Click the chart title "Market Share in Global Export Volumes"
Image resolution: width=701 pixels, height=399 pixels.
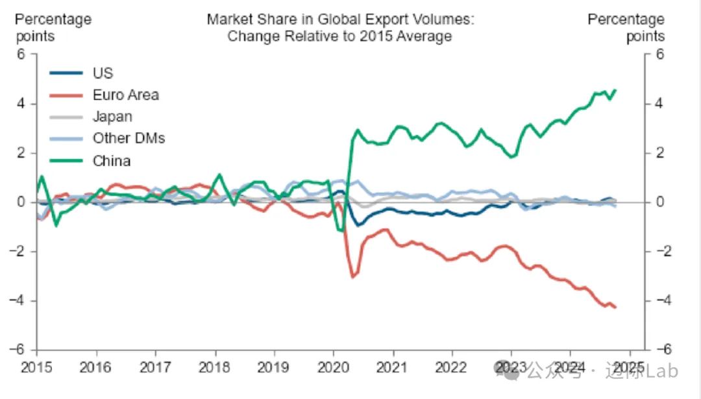click(x=340, y=19)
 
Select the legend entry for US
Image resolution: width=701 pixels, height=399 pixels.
click(x=103, y=73)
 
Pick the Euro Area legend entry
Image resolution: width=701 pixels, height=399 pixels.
click(x=125, y=95)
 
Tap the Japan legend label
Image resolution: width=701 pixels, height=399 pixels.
click(x=112, y=117)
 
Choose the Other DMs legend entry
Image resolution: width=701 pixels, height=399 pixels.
click(x=129, y=138)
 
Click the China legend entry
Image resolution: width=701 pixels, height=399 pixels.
click(x=112, y=160)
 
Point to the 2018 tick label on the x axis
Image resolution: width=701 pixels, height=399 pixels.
click(x=215, y=367)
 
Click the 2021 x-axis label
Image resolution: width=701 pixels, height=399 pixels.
click(x=393, y=367)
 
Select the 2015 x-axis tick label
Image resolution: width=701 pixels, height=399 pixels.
click(x=37, y=367)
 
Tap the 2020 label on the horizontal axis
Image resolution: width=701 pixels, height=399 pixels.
click(x=333, y=367)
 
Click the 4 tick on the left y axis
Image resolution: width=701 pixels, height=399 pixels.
click(x=21, y=104)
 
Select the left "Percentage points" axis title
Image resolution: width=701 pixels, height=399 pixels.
click(x=53, y=27)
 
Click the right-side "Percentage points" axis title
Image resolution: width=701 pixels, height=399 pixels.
click(x=626, y=27)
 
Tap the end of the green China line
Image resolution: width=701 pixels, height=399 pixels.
click(x=615, y=90)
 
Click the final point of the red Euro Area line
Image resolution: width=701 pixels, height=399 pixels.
click(x=615, y=308)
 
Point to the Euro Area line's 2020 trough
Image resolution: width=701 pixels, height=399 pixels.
click(x=352, y=277)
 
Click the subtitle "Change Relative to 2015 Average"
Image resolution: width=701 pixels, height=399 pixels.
click(x=339, y=36)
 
